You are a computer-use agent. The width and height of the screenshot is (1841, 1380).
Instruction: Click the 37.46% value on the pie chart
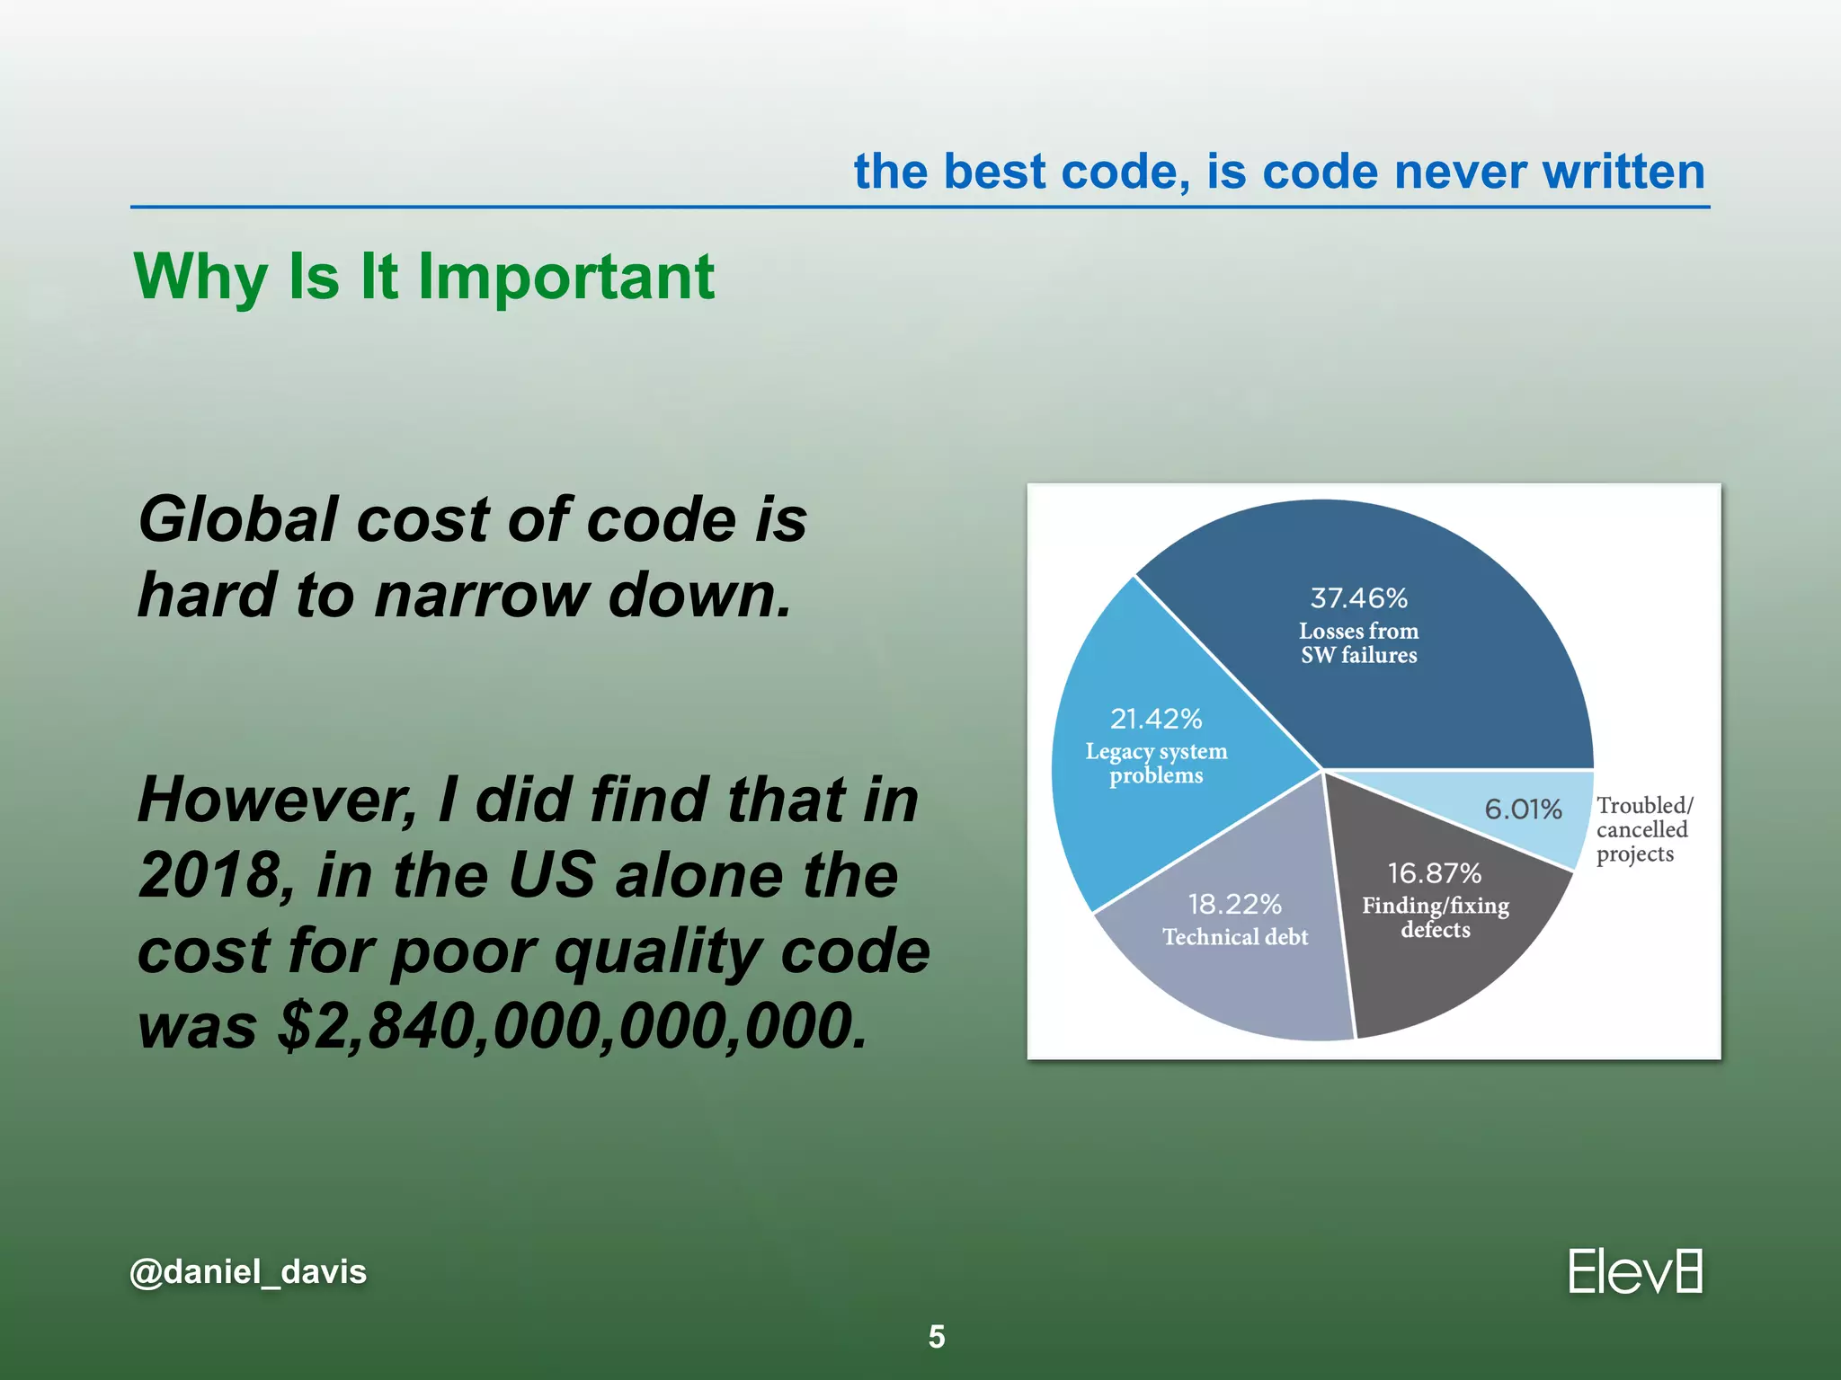(1358, 597)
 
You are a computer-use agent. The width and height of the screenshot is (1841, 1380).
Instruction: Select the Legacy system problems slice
(1160, 809)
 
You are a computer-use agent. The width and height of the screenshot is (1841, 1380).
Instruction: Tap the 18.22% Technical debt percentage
(1234, 904)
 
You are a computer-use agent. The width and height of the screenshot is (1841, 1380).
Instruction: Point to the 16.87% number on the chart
(1434, 872)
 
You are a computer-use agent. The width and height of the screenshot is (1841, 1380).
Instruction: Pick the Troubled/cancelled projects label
(1643, 829)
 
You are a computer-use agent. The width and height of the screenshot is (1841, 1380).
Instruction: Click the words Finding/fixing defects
(1436, 917)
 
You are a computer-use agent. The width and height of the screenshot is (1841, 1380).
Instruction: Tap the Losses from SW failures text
(1358, 643)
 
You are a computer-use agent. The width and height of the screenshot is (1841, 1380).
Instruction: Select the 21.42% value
(1156, 719)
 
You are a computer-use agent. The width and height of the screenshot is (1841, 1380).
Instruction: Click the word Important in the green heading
(566, 277)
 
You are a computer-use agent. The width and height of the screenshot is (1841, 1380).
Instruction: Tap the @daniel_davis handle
(248, 1272)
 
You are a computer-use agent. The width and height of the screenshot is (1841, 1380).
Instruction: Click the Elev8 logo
(1634, 1272)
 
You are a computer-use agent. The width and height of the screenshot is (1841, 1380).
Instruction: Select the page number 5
(937, 1337)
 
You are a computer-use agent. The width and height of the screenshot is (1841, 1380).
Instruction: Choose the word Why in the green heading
(200, 277)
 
